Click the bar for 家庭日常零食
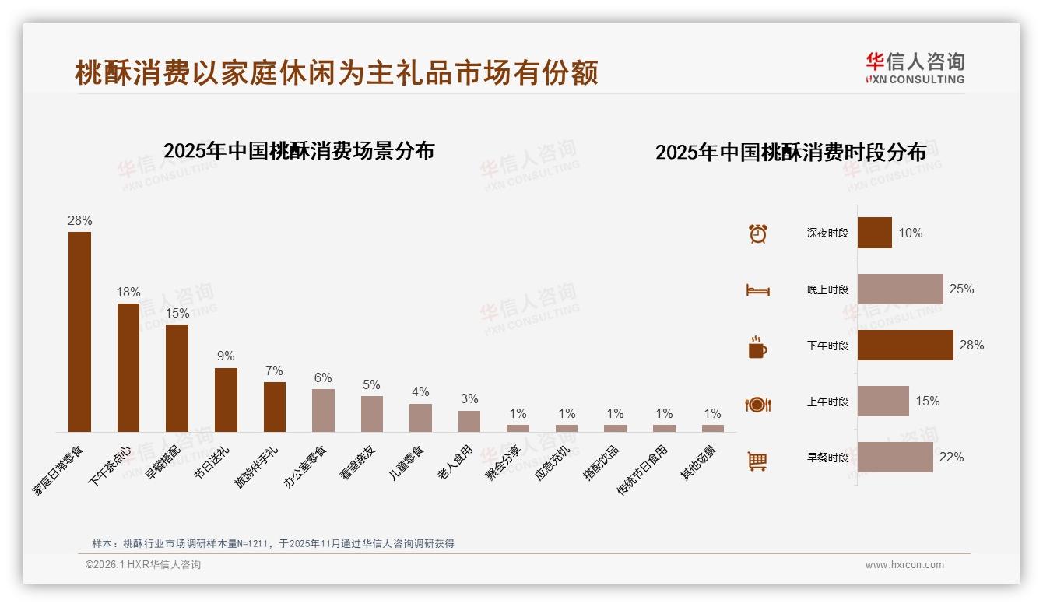79,332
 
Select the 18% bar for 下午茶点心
128,367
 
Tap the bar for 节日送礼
226,400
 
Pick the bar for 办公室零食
323,410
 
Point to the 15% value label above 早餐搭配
177,313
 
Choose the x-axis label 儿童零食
407,462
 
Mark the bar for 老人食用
469,421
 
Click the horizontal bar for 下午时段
905,346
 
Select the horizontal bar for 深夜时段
875,233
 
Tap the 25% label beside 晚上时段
961,289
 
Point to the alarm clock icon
758,233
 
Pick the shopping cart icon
757,461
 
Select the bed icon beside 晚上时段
757,290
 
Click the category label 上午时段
827,402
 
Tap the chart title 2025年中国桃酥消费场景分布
299,151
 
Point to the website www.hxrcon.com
904,565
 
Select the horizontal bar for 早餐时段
895,458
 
